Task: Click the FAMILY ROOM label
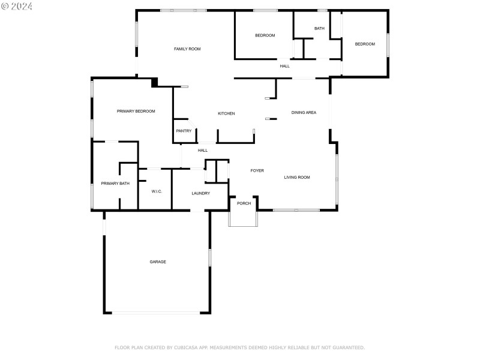click(x=187, y=49)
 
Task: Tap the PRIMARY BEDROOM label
click(x=136, y=111)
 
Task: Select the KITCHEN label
click(x=226, y=113)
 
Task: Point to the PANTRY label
click(x=184, y=131)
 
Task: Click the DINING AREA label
click(x=304, y=112)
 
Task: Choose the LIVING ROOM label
click(x=297, y=177)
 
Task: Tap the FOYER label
click(x=257, y=170)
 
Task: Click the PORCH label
click(x=244, y=203)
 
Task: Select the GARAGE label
click(x=158, y=262)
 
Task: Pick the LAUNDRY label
click(x=200, y=193)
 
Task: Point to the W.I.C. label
click(x=157, y=191)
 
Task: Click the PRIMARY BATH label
click(x=115, y=184)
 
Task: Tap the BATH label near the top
click(x=319, y=28)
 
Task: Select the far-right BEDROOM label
click(x=365, y=44)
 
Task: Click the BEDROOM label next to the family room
click(x=265, y=35)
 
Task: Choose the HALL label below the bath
click(x=284, y=66)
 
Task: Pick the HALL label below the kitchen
click(x=203, y=150)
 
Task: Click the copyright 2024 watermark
click(x=17, y=6)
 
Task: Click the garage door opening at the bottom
click(x=158, y=313)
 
